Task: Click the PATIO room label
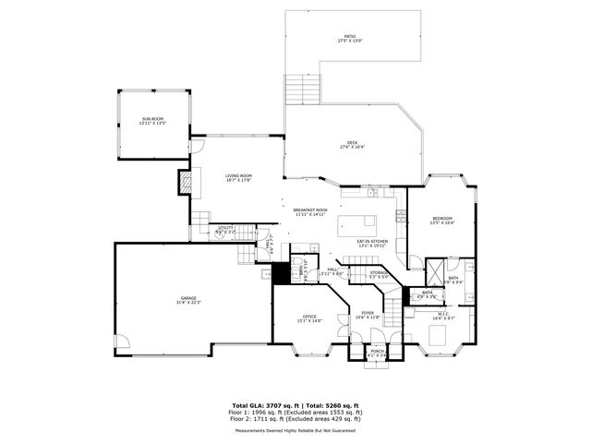(x=350, y=38)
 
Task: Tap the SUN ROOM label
(x=153, y=120)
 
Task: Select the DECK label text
(x=352, y=143)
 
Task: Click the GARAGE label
(x=188, y=299)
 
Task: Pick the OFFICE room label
(x=309, y=317)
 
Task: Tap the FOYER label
(x=368, y=314)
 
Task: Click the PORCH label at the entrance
(x=378, y=352)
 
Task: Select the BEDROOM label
(x=443, y=219)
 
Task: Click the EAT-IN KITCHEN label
(x=373, y=243)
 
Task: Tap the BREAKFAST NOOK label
(x=310, y=210)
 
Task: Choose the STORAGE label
(x=379, y=273)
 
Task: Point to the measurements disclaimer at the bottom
(x=295, y=430)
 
